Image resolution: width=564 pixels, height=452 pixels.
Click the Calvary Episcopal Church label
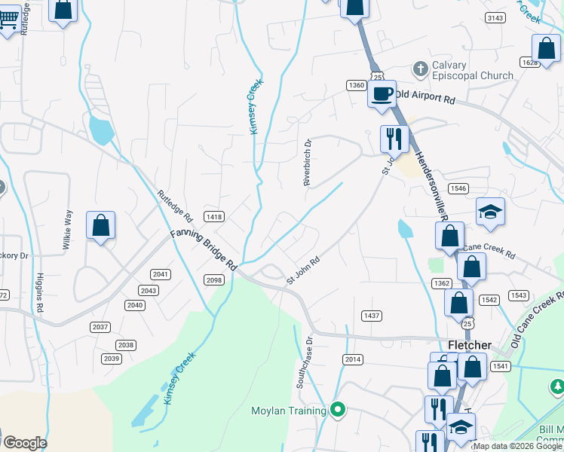point(472,70)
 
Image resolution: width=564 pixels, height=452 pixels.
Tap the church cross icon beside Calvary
point(420,66)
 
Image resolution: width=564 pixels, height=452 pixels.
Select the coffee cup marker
point(382,94)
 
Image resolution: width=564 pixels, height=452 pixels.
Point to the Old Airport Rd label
point(425,97)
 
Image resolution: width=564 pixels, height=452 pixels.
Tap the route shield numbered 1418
point(214,217)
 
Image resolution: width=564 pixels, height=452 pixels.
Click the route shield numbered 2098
point(213,279)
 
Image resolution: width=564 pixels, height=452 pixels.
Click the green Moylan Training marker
point(339,411)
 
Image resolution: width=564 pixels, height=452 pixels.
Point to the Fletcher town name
point(470,345)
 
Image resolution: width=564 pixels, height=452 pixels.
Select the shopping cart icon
point(8,19)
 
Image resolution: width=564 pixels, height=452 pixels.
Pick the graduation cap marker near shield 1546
point(490,212)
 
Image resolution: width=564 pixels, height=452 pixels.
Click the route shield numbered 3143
point(495,18)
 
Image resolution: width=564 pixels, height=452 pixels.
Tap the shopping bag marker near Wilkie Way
point(100,224)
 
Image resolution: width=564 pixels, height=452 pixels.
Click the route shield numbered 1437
point(371,315)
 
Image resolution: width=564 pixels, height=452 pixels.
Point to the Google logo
point(24,443)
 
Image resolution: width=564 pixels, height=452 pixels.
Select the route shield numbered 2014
point(353,359)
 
